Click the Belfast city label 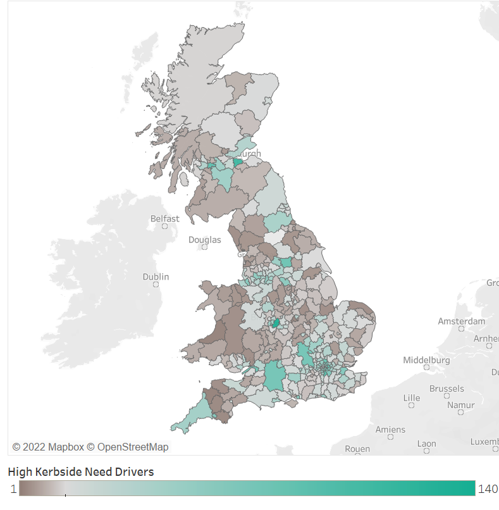coord(164,219)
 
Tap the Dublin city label coord(156,277)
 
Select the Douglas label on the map coord(205,240)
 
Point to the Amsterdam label coord(462,321)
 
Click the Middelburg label coord(426,360)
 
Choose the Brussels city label coord(447,389)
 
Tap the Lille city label coord(412,398)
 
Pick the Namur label coord(460,404)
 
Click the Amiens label coord(390,430)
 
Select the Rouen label coord(357,449)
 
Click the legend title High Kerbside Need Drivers coord(81,472)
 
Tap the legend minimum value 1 coord(13,489)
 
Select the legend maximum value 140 coord(488,489)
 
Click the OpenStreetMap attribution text coord(133,447)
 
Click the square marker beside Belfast coord(165,226)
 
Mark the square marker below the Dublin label coord(156,285)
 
